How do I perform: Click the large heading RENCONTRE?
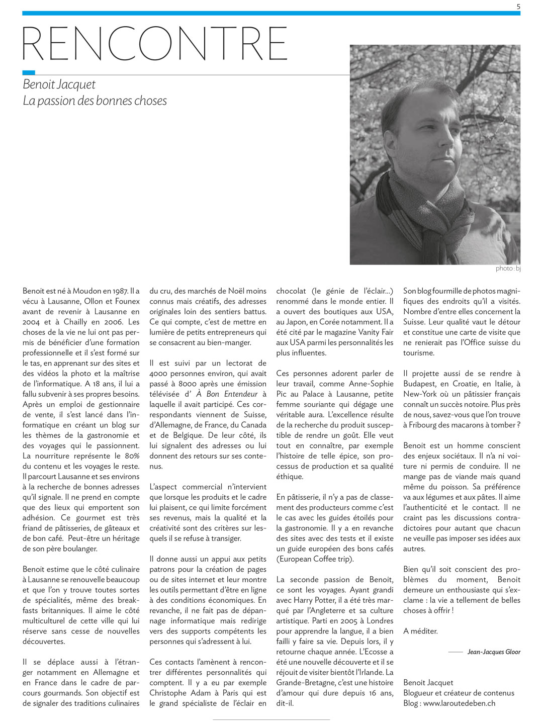(155, 44)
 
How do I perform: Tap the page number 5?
(518, 6)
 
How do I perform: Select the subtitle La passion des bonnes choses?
(95, 101)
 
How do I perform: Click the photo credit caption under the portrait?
(508, 268)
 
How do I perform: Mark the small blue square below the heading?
(29, 72)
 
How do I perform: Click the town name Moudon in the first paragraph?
(87, 291)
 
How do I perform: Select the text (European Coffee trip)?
(315, 559)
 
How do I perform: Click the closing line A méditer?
(420, 631)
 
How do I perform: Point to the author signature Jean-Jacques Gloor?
(494, 652)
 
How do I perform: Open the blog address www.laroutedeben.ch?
(460, 703)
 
